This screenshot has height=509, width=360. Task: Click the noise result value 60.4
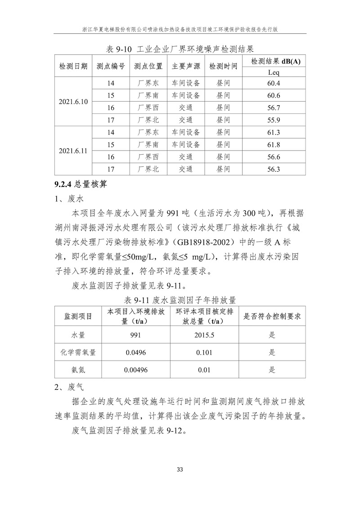[x=273, y=83]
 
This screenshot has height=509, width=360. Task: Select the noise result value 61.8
[x=273, y=145]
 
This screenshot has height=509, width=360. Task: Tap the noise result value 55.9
[x=273, y=120]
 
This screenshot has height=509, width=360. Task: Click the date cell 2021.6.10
[x=73, y=102]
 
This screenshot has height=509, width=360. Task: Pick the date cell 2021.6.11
[x=73, y=151]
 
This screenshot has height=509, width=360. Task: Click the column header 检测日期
[x=73, y=67]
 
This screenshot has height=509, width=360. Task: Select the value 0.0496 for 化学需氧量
[x=135, y=353]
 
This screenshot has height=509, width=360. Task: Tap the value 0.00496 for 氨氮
[x=135, y=370]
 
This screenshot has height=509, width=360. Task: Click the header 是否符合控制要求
[x=272, y=316]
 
